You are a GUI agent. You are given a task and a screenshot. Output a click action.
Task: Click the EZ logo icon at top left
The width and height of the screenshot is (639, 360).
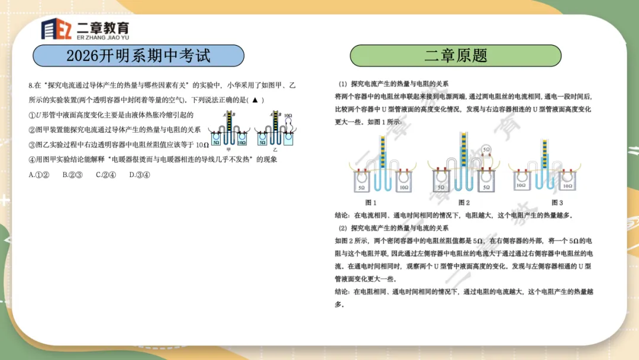click(x=56, y=29)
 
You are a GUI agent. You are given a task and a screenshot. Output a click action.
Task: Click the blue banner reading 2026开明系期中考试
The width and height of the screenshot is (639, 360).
click(x=138, y=56)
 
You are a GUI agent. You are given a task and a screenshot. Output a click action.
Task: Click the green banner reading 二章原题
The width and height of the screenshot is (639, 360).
click(x=456, y=56)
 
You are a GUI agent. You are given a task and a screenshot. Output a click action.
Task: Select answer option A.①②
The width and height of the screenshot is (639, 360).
click(x=39, y=175)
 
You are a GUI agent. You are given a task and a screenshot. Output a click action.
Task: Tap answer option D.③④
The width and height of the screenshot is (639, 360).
click(x=140, y=175)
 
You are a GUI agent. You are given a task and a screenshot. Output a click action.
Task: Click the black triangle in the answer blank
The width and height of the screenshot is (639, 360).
click(x=255, y=100)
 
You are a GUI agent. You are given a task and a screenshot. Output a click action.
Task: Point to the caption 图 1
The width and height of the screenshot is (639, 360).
click(x=371, y=202)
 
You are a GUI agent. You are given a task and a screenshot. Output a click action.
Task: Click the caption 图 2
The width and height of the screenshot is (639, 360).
click(x=464, y=202)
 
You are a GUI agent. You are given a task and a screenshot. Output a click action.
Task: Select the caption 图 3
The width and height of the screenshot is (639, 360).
click(x=557, y=202)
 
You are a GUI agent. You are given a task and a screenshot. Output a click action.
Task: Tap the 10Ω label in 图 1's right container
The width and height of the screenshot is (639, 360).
click(x=404, y=187)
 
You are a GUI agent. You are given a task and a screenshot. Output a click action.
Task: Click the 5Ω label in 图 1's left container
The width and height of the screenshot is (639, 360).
click(x=362, y=187)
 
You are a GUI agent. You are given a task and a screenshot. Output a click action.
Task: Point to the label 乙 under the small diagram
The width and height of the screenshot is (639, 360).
click(x=275, y=150)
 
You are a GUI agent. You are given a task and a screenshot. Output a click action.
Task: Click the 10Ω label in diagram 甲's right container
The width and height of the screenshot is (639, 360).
click(x=241, y=142)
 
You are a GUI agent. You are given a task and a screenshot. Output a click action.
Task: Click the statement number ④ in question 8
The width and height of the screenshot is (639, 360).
click(x=32, y=159)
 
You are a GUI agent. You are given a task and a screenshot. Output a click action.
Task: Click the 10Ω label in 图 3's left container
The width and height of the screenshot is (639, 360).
click(x=521, y=186)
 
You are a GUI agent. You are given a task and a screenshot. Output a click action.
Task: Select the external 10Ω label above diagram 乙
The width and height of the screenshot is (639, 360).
click(x=288, y=116)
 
